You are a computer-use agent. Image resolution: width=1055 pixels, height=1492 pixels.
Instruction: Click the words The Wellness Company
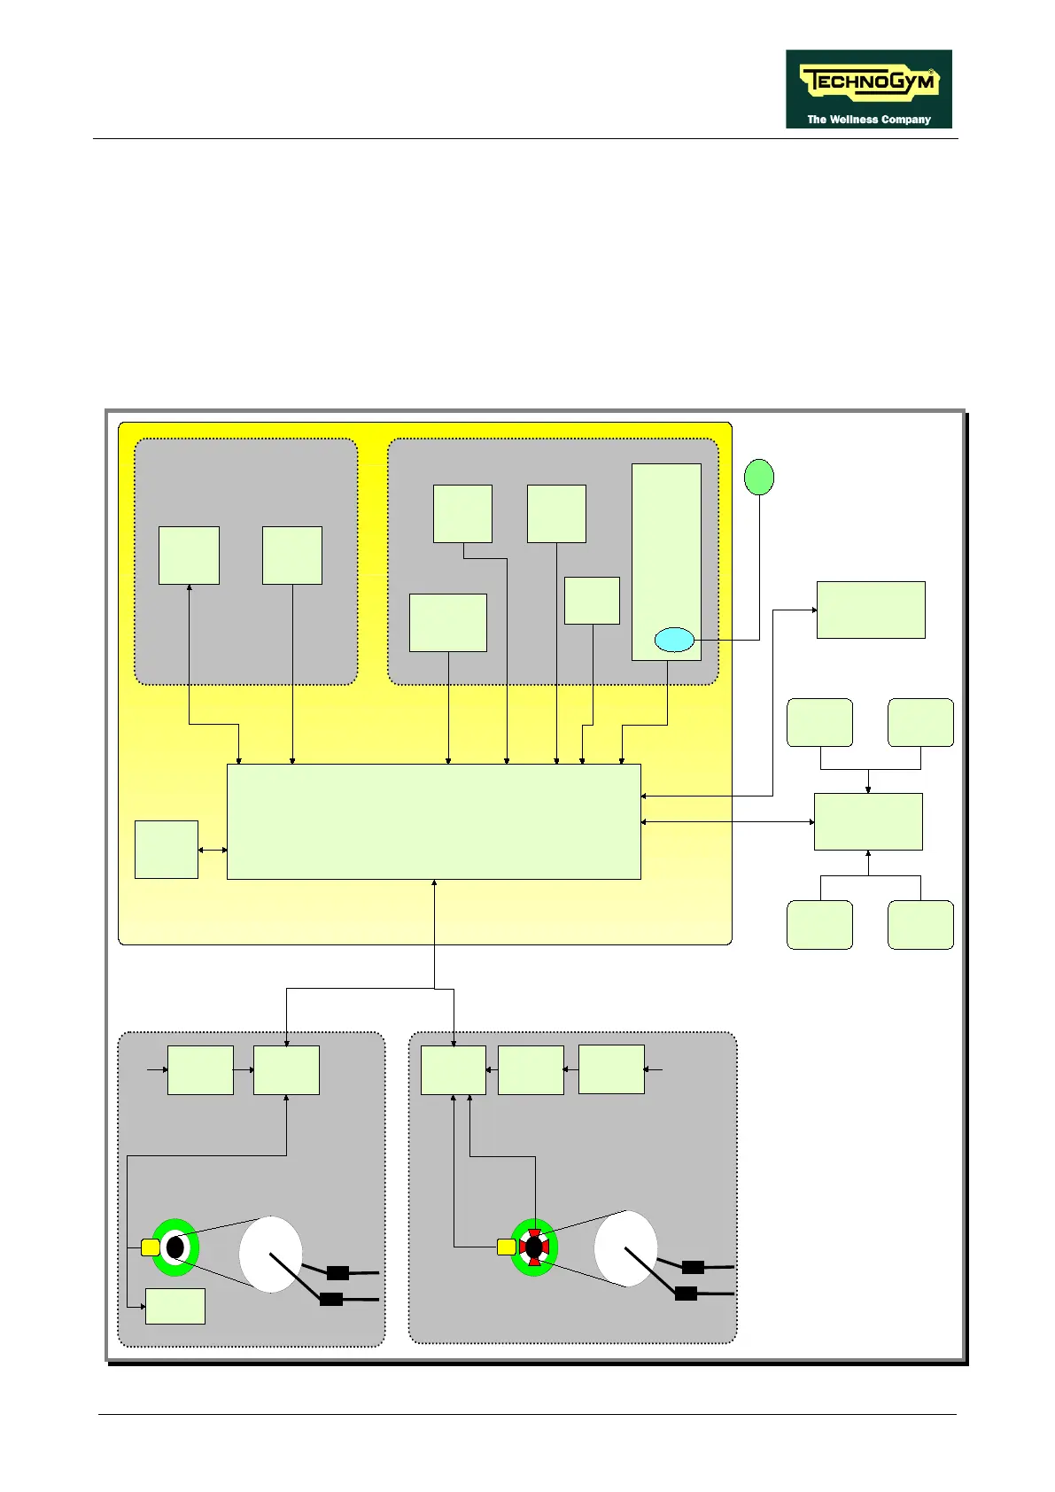click(868, 120)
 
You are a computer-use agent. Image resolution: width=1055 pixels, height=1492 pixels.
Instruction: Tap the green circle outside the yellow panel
click(758, 477)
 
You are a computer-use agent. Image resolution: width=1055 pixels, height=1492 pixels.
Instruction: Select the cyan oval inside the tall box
click(674, 639)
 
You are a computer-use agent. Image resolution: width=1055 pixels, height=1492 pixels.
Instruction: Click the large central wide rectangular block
click(433, 821)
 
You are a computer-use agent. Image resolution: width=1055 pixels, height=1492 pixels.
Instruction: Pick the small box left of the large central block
click(166, 850)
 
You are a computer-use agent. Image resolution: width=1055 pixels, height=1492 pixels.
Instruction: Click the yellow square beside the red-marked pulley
click(506, 1247)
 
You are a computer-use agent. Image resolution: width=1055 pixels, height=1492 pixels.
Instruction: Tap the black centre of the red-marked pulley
click(533, 1247)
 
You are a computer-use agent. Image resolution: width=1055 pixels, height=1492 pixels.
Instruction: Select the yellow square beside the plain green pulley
click(150, 1247)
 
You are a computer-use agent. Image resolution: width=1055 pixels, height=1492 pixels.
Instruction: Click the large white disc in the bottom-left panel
click(270, 1254)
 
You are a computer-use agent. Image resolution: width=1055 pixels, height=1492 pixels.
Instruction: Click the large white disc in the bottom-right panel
click(625, 1248)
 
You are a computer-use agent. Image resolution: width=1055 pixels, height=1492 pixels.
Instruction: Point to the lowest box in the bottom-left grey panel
click(175, 1306)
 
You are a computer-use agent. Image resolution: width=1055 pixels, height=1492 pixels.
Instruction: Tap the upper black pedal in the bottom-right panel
click(693, 1267)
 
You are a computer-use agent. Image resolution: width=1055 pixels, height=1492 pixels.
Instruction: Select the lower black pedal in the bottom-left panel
click(330, 1299)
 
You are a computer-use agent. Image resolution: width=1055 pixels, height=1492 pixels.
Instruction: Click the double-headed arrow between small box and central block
click(213, 851)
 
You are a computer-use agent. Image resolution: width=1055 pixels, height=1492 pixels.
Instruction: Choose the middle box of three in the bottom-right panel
click(531, 1069)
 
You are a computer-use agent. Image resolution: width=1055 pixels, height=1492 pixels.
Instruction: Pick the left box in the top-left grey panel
click(189, 556)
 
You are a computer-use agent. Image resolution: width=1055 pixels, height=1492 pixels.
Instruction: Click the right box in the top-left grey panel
click(292, 556)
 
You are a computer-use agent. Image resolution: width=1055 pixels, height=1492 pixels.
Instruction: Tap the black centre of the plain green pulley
click(175, 1247)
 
